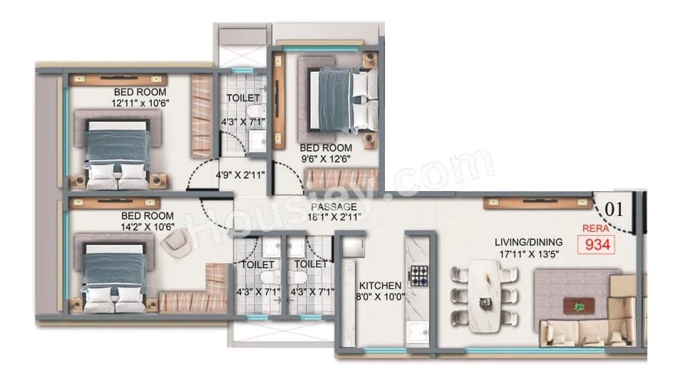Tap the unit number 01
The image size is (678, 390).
point(614,210)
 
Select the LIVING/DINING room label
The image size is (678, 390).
point(528,242)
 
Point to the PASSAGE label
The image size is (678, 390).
point(334,207)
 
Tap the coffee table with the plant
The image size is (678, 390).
point(577,306)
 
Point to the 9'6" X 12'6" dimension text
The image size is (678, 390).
point(326,159)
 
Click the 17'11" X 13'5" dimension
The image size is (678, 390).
point(529,254)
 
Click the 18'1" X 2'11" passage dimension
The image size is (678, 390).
point(334,217)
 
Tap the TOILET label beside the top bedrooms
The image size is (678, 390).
point(242,98)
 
